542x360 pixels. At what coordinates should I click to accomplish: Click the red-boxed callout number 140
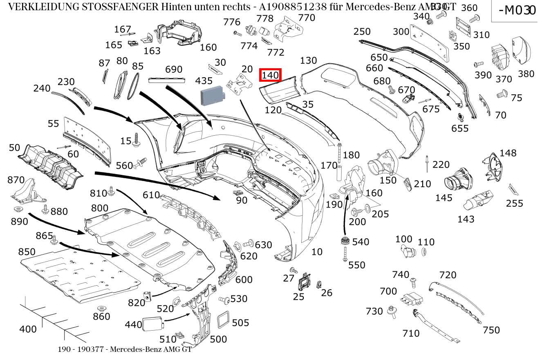click(270, 75)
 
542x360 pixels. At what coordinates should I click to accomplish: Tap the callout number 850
click(27, 252)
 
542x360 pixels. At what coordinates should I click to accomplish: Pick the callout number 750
click(491, 330)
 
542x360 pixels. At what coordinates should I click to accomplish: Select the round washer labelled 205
click(366, 209)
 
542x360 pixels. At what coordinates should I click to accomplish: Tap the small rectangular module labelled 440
click(152, 324)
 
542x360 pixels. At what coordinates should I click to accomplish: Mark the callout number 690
click(174, 69)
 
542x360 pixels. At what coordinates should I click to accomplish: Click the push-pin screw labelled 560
click(141, 163)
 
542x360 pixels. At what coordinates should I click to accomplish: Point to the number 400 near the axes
click(28, 329)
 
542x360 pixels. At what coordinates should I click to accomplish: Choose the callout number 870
click(16, 180)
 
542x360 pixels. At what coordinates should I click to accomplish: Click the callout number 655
click(460, 128)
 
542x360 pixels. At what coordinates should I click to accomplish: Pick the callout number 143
click(466, 219)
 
